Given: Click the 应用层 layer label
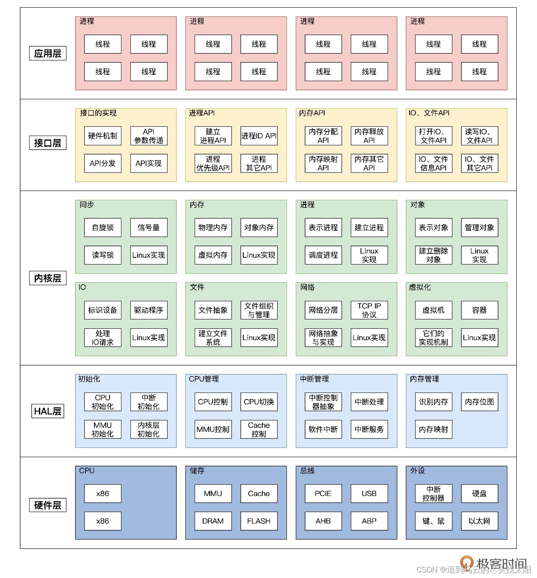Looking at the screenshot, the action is (48, 54).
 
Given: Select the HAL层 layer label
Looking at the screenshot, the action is (48, 411).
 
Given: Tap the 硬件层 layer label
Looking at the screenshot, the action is (48, 505).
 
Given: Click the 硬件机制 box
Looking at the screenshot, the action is (102, 136).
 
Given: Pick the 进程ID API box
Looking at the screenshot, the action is (259, 136).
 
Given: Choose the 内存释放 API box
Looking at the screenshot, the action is (369, 136).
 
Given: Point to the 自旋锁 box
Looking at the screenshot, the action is (102, 227).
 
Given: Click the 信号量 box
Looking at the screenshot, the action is (149, 227).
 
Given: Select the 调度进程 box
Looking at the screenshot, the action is (323, 255).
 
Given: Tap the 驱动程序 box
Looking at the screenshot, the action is (149, 310).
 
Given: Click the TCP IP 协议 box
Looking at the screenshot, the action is (369, 310).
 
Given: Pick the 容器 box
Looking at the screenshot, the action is (479, 310).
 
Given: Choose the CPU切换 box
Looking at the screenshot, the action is (259, 402).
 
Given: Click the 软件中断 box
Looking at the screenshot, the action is (323, 429).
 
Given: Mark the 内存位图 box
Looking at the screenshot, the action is (479, 402).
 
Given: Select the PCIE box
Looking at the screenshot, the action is (323, 493).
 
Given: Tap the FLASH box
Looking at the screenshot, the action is (259, 521).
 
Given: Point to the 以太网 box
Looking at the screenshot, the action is (479, 521).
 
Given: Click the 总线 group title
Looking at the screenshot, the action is (307, 471).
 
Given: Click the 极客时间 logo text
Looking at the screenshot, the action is (501, 564).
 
